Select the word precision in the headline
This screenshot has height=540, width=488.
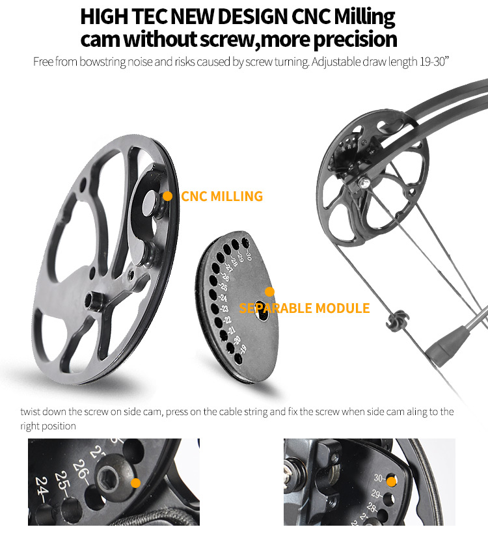coord(355,40)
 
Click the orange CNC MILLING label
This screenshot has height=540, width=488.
coord(222,196)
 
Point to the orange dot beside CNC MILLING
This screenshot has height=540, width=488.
coord(167,196)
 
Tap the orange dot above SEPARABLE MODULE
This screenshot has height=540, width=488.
coord(269,292)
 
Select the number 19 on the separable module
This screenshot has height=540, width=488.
coord(243,349)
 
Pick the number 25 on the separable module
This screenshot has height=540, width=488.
coord(224,287)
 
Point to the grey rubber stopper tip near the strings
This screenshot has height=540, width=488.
coord(443,345)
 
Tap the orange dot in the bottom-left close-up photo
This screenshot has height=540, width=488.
coord(136,483)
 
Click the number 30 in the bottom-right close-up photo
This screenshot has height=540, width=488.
coord(377,478)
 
